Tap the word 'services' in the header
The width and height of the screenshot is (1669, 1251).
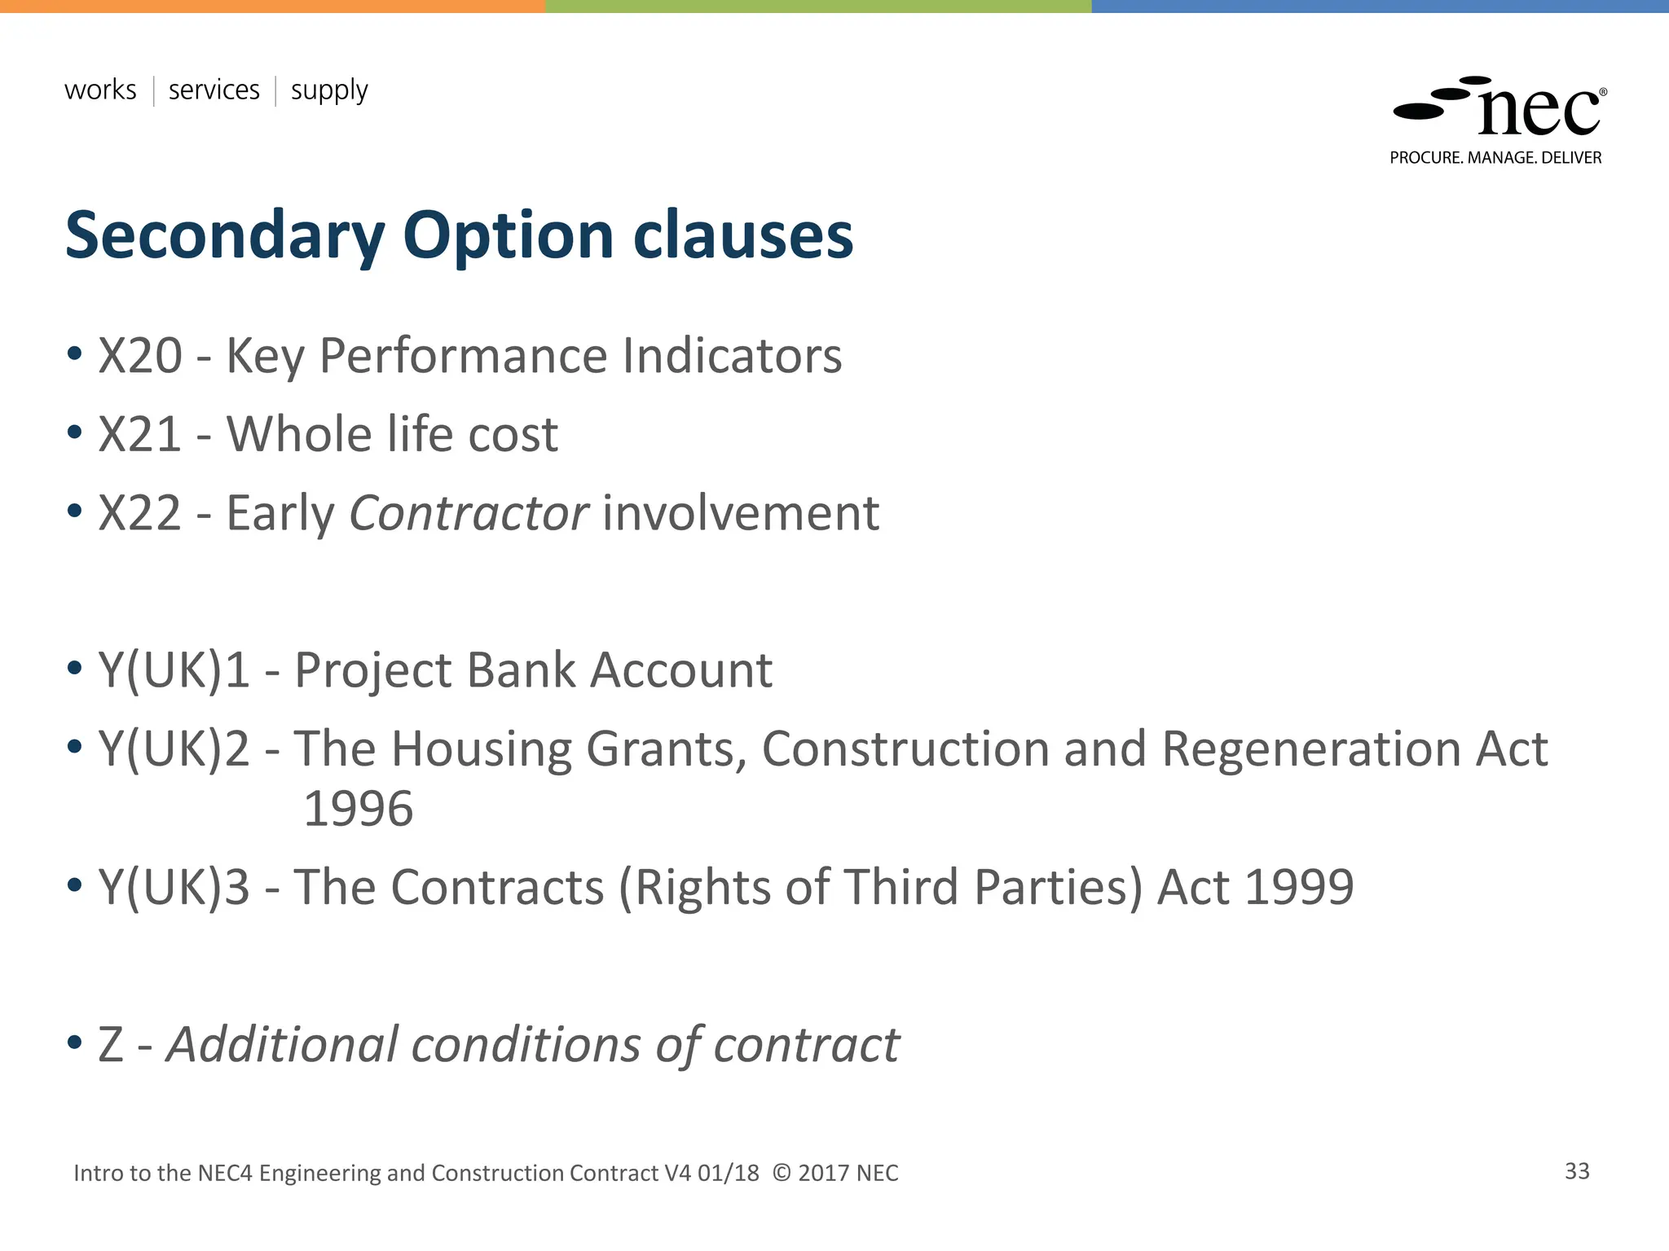click(214, 90)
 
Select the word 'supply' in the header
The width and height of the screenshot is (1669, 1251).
click(329, 91)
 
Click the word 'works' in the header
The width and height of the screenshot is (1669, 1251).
click(100, 90)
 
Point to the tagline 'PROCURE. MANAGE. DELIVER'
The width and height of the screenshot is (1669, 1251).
click(1495, 158)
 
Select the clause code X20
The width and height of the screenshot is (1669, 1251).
click(140, 356)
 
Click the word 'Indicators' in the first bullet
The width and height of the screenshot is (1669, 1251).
click(731, 356)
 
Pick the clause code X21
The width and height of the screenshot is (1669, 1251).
click(139, 434)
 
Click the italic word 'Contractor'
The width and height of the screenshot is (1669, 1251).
click(468, 513)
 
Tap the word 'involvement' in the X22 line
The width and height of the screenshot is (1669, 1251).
click(741, 513)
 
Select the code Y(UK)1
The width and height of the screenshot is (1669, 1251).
click(174, 670)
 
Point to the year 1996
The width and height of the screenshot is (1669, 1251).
click(358, 809)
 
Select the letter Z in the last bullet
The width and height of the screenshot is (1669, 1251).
click(111, 1045)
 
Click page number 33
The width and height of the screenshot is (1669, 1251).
click(1577, 1171)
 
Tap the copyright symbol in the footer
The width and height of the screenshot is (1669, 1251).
click(781, 1173)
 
